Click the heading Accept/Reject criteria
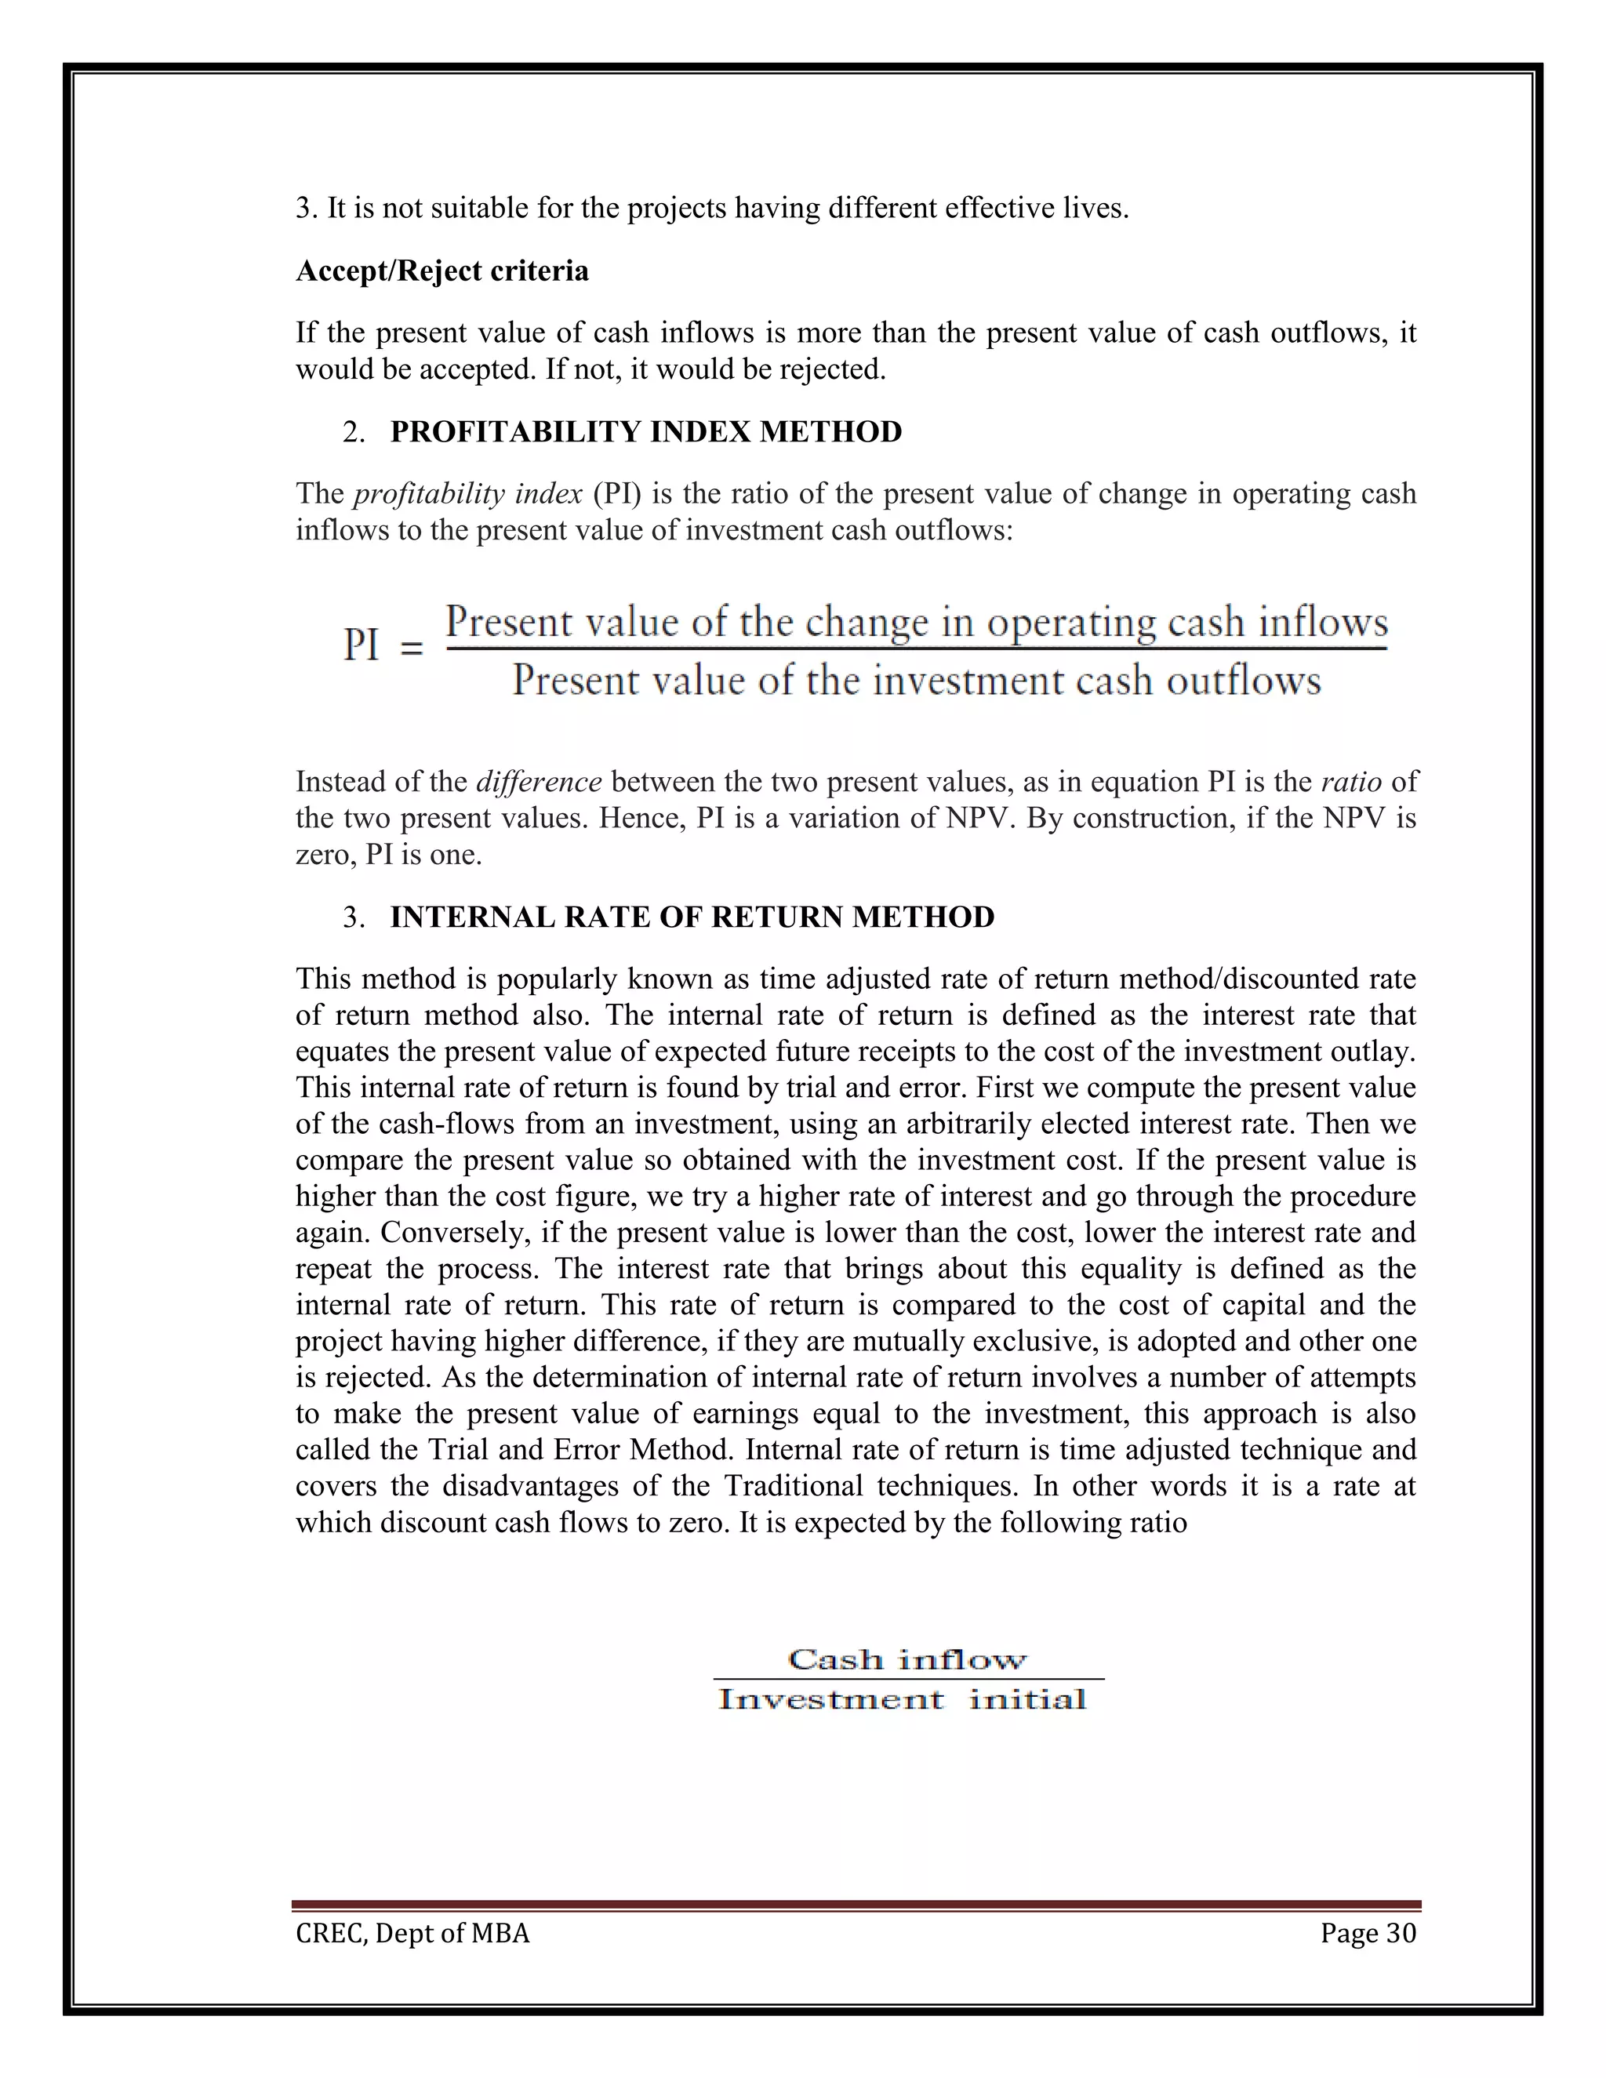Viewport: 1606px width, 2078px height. coord(441,271)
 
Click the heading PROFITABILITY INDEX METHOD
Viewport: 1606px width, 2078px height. coord(645,432)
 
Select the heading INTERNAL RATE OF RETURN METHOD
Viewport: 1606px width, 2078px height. coord(692,917)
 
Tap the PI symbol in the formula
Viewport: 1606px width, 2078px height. coord(361,647)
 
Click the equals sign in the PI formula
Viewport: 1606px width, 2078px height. coord(411,650)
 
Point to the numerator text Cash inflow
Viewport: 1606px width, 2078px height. coord(907,1660)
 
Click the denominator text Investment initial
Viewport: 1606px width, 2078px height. coord(901,1699)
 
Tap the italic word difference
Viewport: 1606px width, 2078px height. coord(539,782)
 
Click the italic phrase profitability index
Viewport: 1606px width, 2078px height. coord(467,494)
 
